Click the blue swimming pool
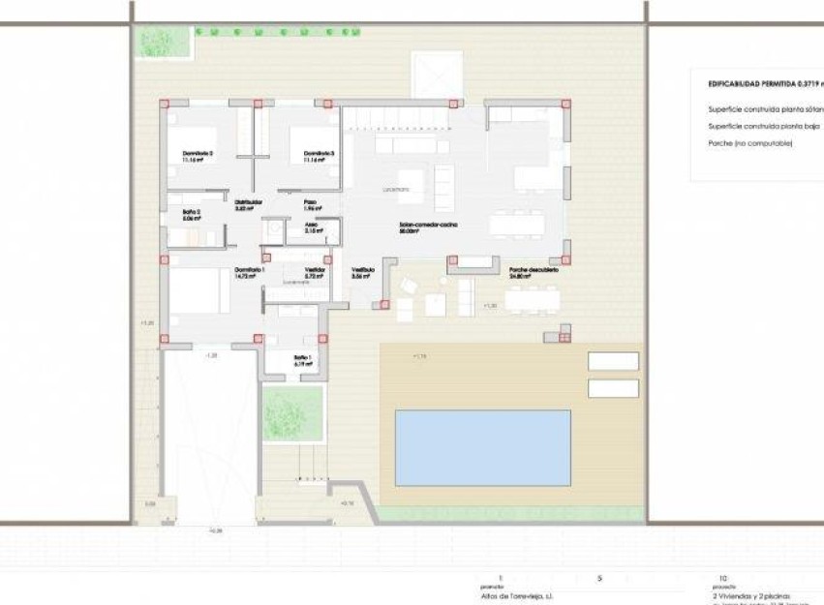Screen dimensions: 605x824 (x=482, y=447)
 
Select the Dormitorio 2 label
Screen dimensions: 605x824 (x=198, y=154)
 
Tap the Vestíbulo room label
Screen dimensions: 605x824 (x=362, y=270)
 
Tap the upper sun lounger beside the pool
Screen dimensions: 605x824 (x=613, y=361)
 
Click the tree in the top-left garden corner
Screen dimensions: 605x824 (x=155, y=42)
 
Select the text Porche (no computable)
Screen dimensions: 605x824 (x=750, y=143)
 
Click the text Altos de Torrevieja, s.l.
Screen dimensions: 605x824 (x=515, y=596)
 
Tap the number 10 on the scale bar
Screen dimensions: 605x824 (x=722, y=578)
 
